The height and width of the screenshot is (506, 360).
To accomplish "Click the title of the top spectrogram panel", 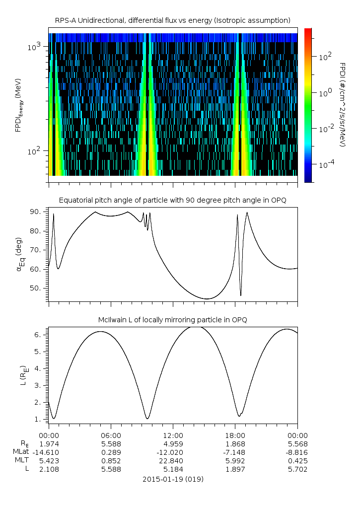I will pos(172,20).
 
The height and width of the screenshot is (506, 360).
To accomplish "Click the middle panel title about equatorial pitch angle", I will pos(172,200).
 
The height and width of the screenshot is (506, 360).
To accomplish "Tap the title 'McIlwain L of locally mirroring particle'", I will pos(172,320).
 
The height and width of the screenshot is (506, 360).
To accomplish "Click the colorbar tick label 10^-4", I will pos(325,164).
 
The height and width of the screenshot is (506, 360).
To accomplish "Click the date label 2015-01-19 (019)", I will pos(172,480).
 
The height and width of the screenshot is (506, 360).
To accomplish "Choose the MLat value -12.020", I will pos(172,452).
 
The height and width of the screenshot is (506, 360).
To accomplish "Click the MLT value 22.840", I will pos(172,460).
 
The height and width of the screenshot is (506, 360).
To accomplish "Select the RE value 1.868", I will pos(235,443).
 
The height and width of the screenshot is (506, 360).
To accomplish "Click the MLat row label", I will pos(21,452).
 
